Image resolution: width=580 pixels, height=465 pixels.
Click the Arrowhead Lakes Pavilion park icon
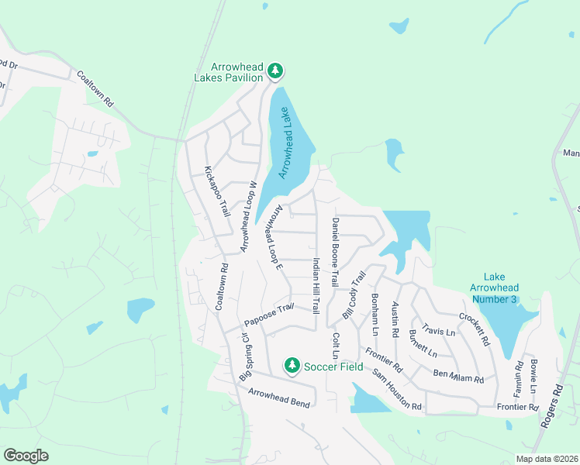(x=274, y=71)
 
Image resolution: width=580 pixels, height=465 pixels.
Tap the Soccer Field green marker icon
(x=292, y=364)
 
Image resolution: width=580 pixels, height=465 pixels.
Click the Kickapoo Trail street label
(x=216, y=191)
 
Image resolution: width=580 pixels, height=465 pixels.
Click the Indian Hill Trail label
(x=316, y=285)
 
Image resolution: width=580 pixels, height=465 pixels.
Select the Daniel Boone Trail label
(x=335, y=252)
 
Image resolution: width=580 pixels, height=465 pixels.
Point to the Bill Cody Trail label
(x=354, y=295)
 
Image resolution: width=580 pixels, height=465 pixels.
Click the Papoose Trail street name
(x=269, y=315)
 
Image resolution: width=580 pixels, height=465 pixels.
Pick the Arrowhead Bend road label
(x=279, y=398)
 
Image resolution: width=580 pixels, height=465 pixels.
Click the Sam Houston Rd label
(x=396, y=390)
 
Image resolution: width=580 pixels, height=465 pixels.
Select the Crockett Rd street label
(x=474, y=329)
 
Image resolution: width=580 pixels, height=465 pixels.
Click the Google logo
(x=26, y=456)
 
